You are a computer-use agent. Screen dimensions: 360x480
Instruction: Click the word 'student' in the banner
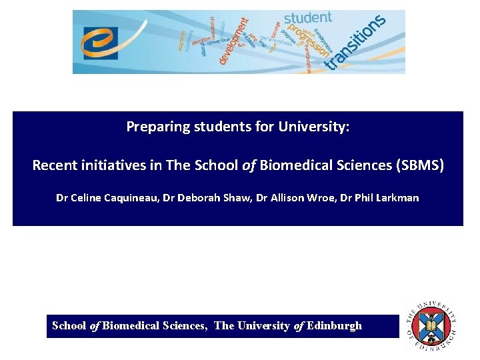pyautogui.click(x=308, y=19)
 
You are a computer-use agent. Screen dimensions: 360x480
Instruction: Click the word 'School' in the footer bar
pyautogui.click(x=69, y=326)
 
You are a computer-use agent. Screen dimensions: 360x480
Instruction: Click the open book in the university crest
pyautogui.click(x=431, y=326)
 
